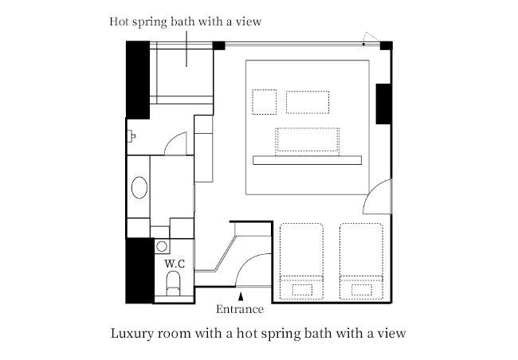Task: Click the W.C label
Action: click(x=175, y=264)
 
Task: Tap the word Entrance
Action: click(x=240, y=310)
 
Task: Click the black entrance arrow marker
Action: click(x=241, y=296)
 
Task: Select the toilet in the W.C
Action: click(x=173, y=284)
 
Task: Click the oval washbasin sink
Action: click(x=139, y=188)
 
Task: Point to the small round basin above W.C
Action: click(x=162, y=246)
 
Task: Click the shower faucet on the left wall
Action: click(x=131, y=136)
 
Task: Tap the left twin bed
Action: click(x=301, y=261)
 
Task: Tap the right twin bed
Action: click(x=362, y=261)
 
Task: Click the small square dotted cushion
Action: click(x=265, y=102)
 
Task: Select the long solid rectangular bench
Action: click(x=308, y=160)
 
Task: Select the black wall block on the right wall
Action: click(x=383, y=104)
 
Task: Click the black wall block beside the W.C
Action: click(x=139, y=271)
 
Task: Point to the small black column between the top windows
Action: click(x=218, y=45)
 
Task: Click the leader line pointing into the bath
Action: click(x=186, y=49)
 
